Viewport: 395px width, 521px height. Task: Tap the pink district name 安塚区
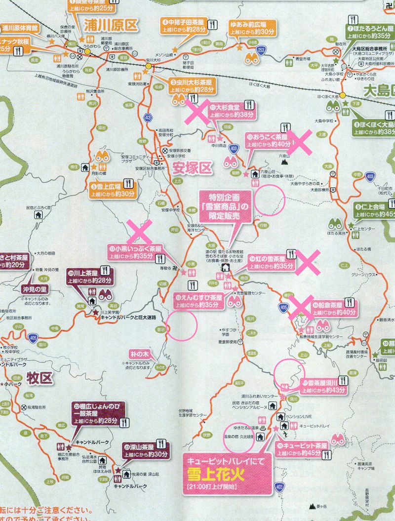(x=192, y=169)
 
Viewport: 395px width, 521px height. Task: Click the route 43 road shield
(x=149, y=118)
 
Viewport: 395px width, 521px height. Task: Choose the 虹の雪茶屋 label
(x=272, y=262)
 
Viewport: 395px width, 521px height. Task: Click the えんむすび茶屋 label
(x=200, y=301)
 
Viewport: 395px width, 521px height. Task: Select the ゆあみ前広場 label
(x=248, y=28)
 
